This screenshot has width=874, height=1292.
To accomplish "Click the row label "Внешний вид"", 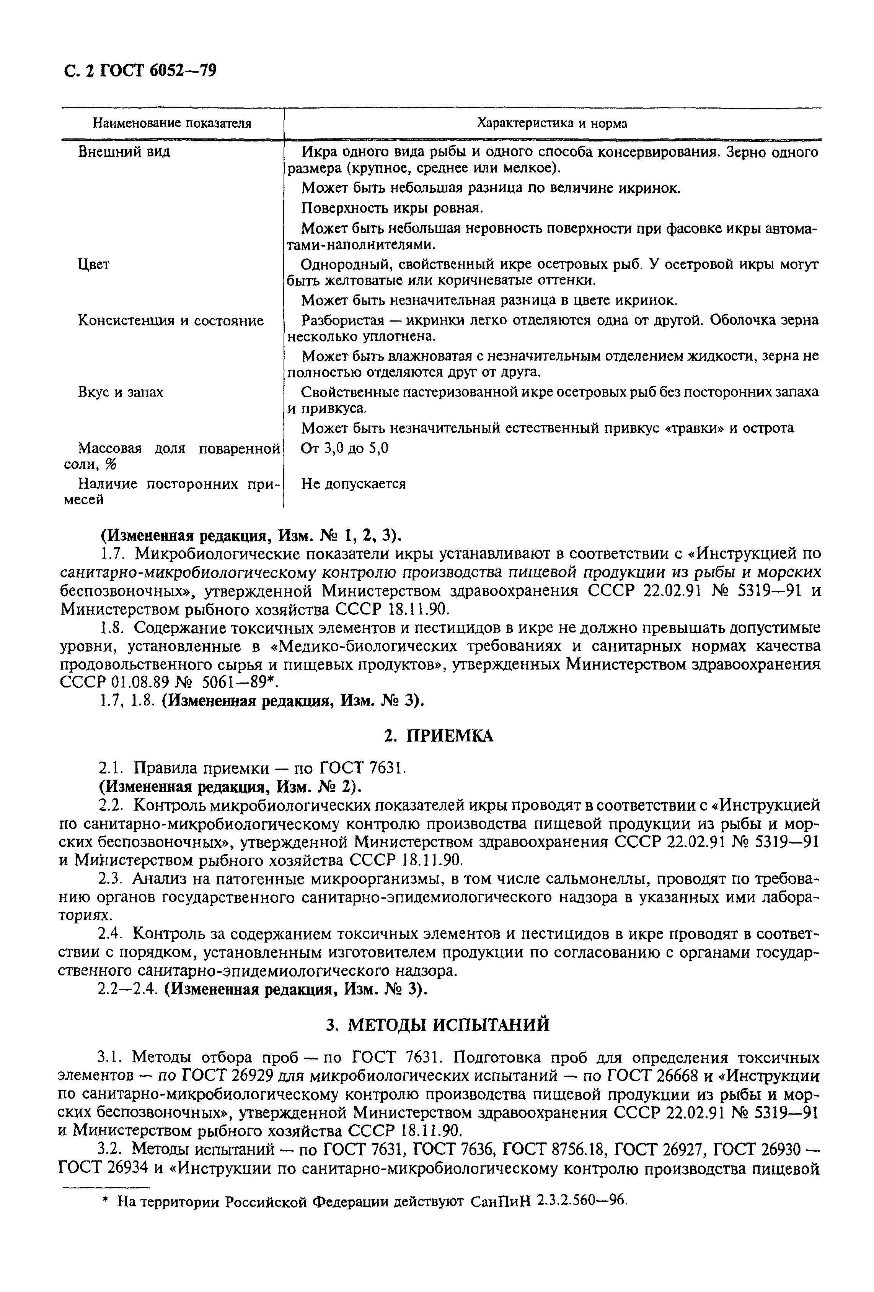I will [x=124, y=152].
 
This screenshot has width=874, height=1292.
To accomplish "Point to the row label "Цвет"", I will [x=93, y=265].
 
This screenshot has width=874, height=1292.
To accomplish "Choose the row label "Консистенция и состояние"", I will [x=170, y=321].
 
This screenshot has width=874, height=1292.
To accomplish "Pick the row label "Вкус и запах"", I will [x=120, y=392].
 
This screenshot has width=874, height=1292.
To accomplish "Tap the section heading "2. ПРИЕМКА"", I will [x=439, y=736].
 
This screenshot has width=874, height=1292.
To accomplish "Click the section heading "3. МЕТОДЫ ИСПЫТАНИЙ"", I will [x=438, y=1025].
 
